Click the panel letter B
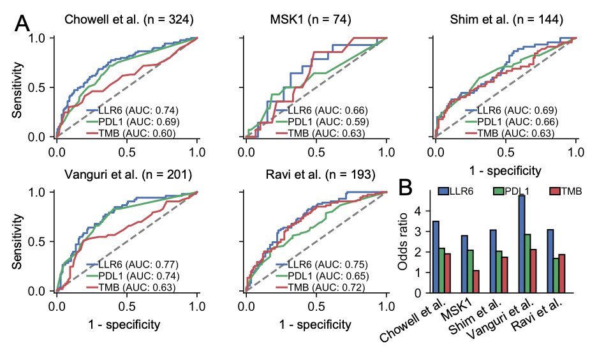point(407,187)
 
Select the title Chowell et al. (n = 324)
point(129,20)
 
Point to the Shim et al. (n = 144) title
point(506,20)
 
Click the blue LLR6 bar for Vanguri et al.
point(522,244)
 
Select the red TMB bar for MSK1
point(476,281)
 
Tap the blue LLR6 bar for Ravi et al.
point(550,261)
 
